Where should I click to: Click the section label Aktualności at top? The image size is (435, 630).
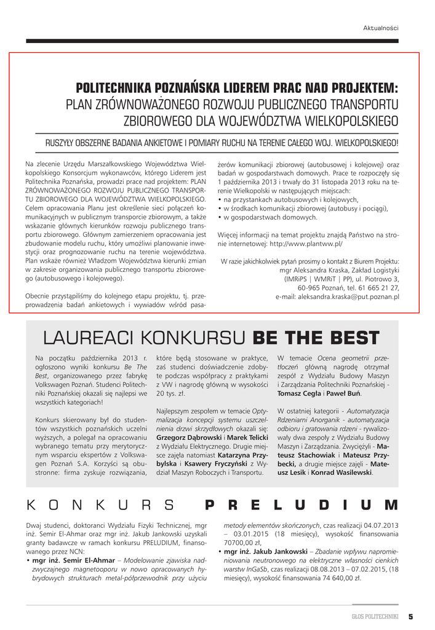[x=381, y=28]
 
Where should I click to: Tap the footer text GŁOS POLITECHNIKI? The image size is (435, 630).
[x=372, y=616]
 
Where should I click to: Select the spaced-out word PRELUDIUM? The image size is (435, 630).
[x=301, y=505]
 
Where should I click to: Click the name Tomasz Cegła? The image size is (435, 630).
[x=297, y=393]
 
